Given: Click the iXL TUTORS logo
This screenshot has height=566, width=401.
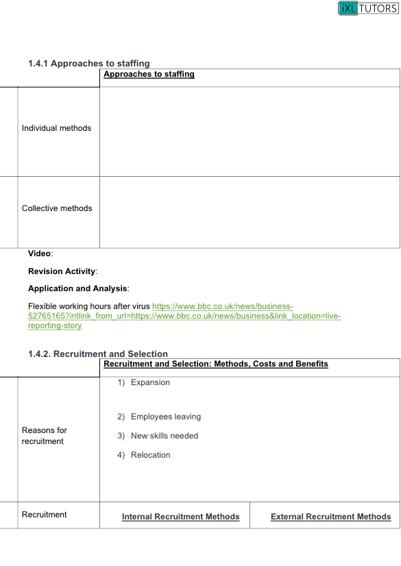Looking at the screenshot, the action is point(367,8).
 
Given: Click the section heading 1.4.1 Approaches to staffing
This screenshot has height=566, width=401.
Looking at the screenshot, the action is point(89,64).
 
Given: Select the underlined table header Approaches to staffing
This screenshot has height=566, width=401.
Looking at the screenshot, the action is point(149,74).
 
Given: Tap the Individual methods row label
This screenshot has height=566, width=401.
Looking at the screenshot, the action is point(56,128).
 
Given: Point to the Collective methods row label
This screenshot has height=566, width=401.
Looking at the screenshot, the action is point(57,208).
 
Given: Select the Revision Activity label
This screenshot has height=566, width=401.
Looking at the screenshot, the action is point(62,271).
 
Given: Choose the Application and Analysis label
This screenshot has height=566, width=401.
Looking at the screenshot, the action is point(78,288).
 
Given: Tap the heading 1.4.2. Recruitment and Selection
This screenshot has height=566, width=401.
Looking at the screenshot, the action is point(98,354).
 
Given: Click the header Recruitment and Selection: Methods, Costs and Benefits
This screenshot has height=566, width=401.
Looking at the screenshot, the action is point(216,364).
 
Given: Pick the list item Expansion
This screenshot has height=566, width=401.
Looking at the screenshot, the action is point(150,382).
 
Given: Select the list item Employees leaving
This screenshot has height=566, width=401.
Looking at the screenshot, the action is point(166,417).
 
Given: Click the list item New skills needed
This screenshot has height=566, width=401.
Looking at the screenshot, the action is point(165,436).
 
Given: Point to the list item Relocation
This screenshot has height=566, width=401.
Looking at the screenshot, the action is point(150,455).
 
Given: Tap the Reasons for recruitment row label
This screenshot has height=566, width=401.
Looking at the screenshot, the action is point(45,436).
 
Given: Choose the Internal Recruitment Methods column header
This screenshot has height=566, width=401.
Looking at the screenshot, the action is point(180,517).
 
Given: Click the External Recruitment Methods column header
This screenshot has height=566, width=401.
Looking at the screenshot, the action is point(330,517).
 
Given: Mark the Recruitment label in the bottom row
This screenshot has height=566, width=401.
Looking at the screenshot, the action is point(45,515).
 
